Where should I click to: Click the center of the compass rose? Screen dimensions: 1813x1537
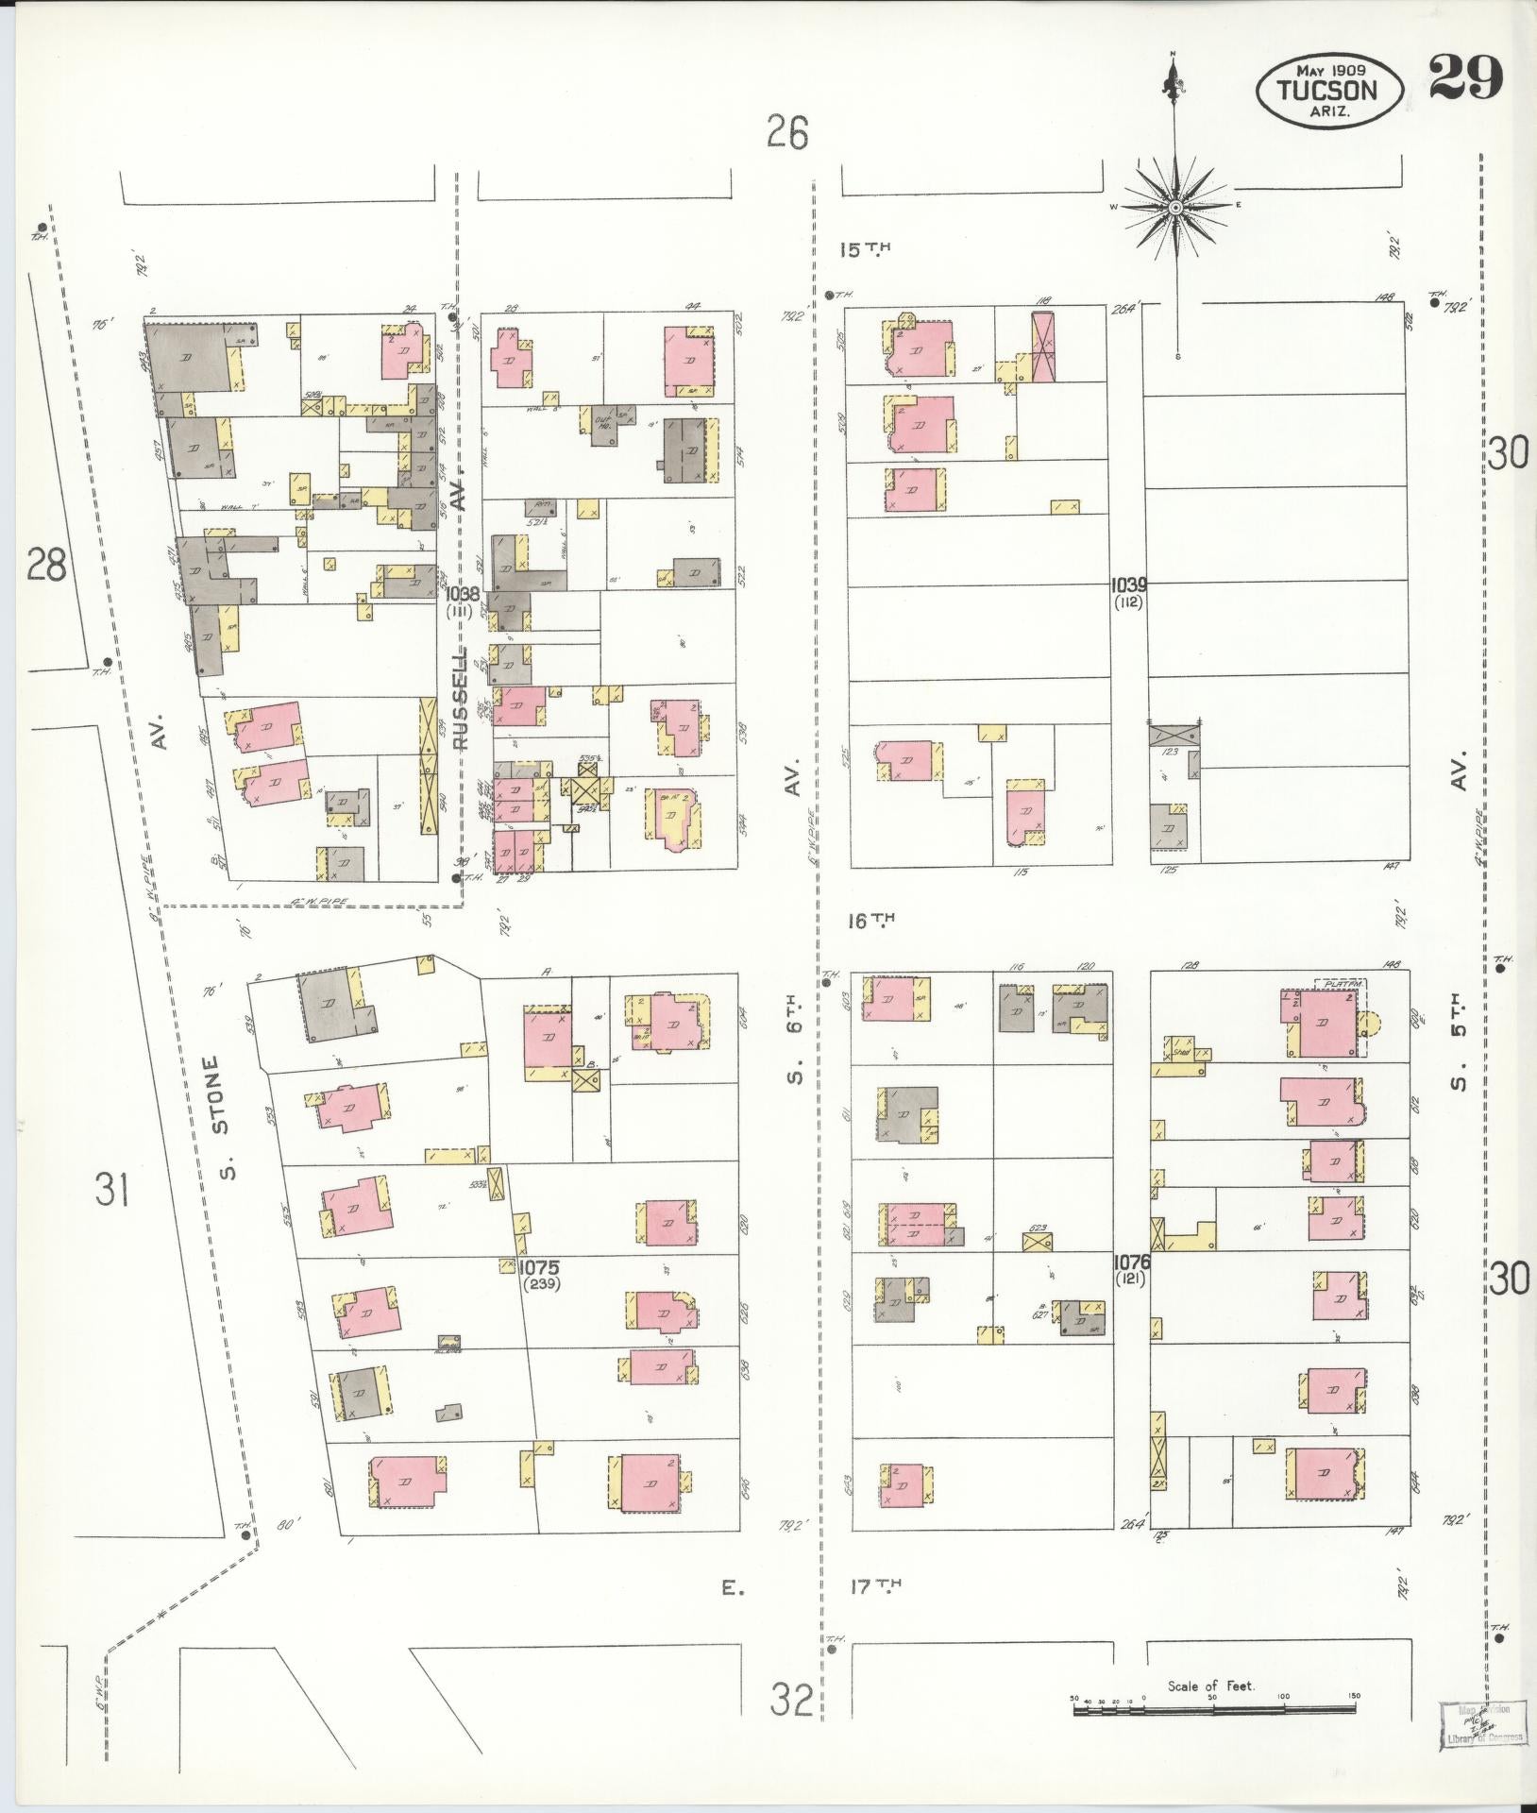1176,207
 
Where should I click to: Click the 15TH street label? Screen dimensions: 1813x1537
866,249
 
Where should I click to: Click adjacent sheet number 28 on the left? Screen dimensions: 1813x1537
46,568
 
